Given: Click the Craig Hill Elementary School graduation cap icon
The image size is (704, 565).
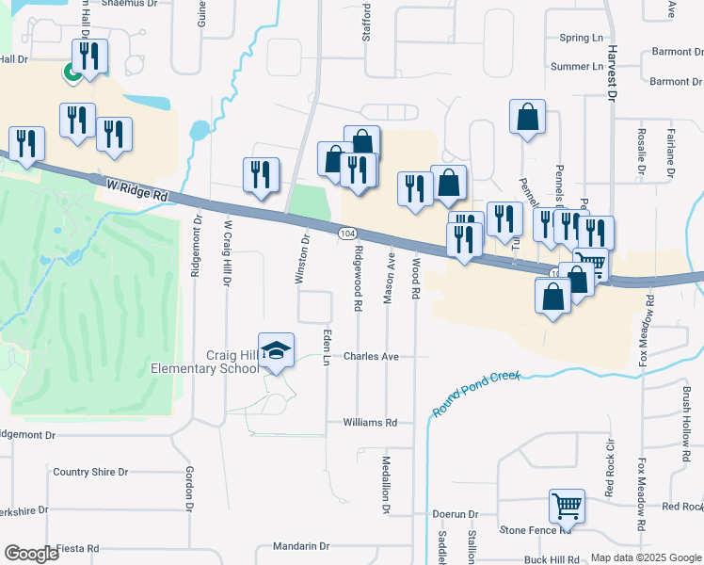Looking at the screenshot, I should (x=276, y=350).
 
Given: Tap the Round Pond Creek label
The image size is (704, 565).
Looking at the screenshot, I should (x=477, y=394).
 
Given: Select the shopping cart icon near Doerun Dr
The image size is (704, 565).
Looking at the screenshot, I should (x=567, y=507).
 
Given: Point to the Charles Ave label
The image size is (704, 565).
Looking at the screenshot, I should (x=371, y=357).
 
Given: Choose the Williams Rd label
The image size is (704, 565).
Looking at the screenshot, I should (x=370, y=423).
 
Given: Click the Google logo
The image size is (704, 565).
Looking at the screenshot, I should (x=32, y=554).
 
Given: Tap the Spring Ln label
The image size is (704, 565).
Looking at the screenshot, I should (x=581, y=38).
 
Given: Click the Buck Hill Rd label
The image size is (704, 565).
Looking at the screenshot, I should (x=552, y=559).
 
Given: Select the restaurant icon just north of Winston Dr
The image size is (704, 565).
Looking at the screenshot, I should (x=261, y=174).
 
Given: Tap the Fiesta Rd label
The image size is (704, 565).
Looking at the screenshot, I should (x=78, y=548).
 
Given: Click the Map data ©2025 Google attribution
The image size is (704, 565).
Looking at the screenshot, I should (x=646, y=557).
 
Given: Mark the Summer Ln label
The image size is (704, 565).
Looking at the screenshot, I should (x=576, y=67).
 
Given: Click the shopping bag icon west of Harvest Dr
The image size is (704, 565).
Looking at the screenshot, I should (x=528, y=118).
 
